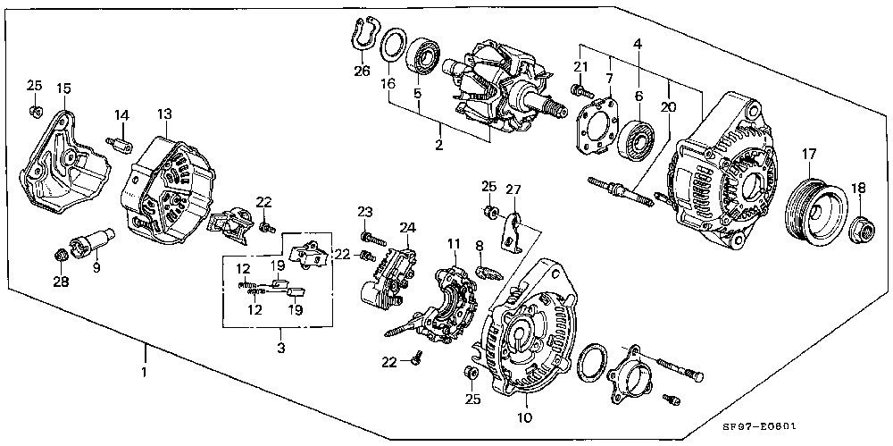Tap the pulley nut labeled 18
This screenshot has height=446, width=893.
pos(862,230)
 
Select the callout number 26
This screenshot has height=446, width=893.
pos(362,72)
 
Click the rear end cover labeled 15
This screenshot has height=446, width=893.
pos(63,162)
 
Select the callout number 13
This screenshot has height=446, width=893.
pos(164,114)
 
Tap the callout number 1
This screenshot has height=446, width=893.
pos(145,372)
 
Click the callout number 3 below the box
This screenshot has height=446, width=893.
pos(281,347)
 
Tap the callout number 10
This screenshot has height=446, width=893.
pos(524,418)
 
